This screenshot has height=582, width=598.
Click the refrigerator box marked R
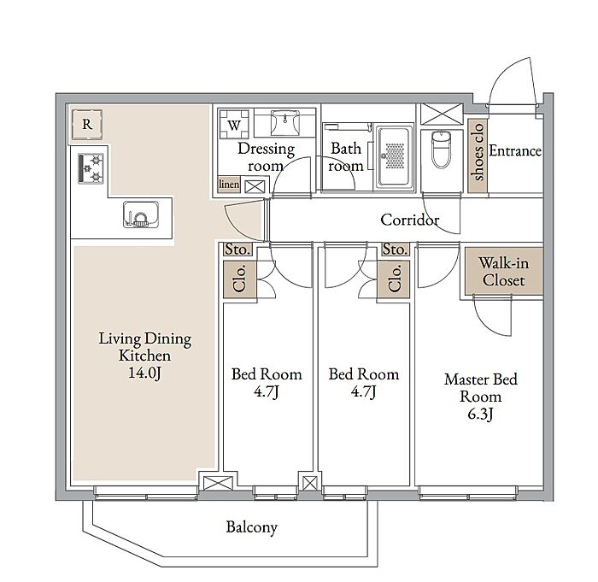[87, 124]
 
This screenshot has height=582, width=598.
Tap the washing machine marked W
[234, 125]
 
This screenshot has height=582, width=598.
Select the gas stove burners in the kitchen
[91, 168]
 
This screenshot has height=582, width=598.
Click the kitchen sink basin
[141, 215]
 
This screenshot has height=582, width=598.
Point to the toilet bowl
[442, 149]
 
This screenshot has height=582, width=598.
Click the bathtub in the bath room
[395, 156]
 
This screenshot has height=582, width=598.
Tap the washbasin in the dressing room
[284, 122]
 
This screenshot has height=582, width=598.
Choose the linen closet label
[229, 185]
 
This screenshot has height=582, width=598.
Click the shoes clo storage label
[478, 152]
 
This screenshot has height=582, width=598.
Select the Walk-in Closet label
[504, 272]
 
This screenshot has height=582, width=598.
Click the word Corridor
[409, 220]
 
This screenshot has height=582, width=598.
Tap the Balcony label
[251, 527]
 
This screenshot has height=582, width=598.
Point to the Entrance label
[515, 150]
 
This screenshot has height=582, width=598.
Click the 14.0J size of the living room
[144, 373]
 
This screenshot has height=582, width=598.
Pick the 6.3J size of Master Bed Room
[480, 414]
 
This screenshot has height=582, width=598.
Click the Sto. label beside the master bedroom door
[395, 250]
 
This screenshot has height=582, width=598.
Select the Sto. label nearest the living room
[237, 250]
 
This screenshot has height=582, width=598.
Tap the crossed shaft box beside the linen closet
[255, 187]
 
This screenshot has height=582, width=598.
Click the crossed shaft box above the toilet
[442, 115]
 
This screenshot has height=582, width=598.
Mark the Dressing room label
[266, 157]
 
